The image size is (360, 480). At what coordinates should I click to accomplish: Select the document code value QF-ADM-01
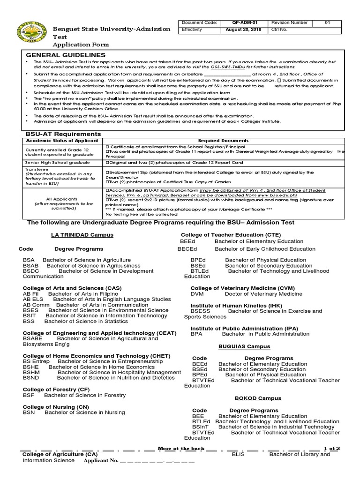coord(244,22)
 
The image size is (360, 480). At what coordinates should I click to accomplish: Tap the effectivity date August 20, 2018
coord(244,29)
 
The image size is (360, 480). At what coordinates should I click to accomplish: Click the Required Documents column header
coord(223,141)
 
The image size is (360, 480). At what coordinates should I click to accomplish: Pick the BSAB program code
coord(31,266)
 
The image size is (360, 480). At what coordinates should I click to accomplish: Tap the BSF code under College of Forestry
coord(28,395)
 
